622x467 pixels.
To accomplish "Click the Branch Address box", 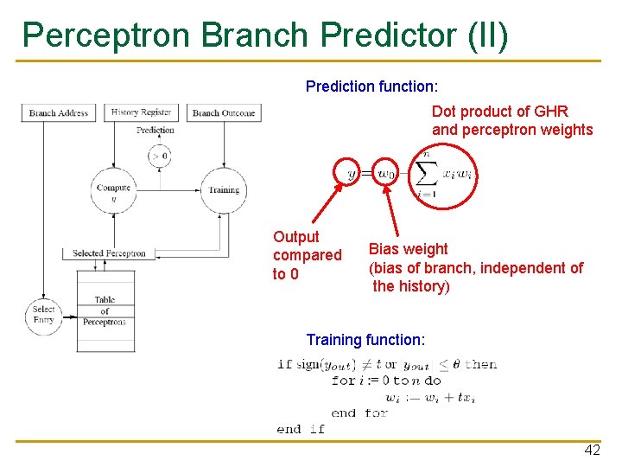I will point(59,113).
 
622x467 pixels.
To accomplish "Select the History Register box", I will point(143,112).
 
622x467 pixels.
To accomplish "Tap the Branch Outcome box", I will point(224,113).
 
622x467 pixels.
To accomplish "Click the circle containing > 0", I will point(159,157).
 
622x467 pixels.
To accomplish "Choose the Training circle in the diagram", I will point(224,189).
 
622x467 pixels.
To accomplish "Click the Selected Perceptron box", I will point(109,253).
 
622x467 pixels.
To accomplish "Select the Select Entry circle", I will point(43,314).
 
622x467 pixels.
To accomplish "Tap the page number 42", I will point(592,451).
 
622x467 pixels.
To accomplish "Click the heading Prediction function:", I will point(371,87).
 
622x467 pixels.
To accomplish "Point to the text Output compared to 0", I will point(307,255).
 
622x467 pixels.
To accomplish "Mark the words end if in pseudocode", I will point(301,429).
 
